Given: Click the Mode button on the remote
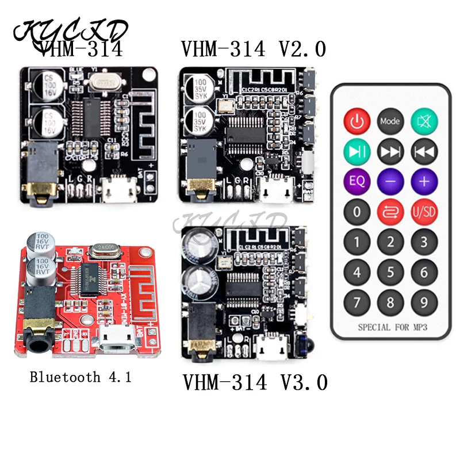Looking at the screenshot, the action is coord(390,122).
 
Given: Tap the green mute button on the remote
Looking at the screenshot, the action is coord(424,122).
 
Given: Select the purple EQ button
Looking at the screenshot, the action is coord(356,181).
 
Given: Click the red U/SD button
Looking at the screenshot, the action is coord(424,211).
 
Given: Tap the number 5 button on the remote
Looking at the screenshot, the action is coord(390,271).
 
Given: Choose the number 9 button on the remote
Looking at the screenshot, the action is coord(424,301).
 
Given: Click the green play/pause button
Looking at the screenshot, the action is coord(356,152).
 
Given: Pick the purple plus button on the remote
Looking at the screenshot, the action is coord(424,181).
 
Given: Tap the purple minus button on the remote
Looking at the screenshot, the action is coord(390,181).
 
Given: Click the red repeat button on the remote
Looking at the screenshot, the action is coord(390,211).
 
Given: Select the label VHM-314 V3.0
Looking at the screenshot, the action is coord(255,382).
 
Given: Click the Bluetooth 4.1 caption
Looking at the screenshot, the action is coord(80,377).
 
